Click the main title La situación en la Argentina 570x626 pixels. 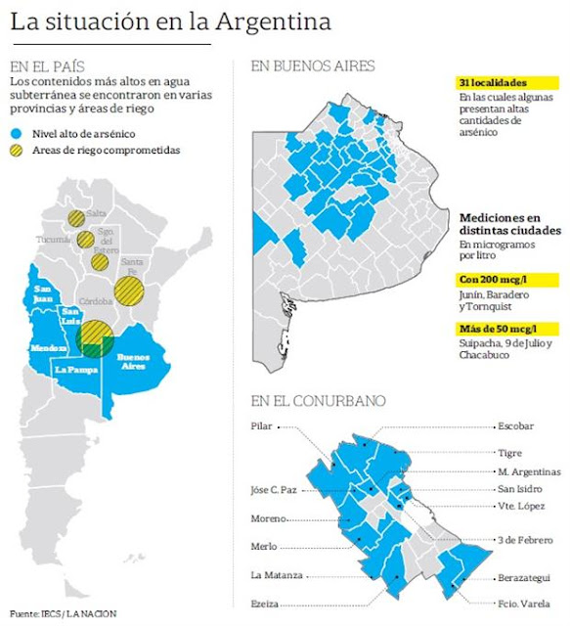click(170, 22)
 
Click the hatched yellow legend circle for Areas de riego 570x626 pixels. click(17, 151)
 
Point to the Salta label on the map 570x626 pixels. click(95, 213)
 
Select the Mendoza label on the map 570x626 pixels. click(50, 348)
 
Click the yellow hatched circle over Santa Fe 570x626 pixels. click(129, 291)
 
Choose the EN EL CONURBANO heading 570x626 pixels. click(317, 401)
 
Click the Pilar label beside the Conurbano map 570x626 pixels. click(261, 426)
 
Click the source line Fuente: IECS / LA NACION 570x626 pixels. click(64, 614)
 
